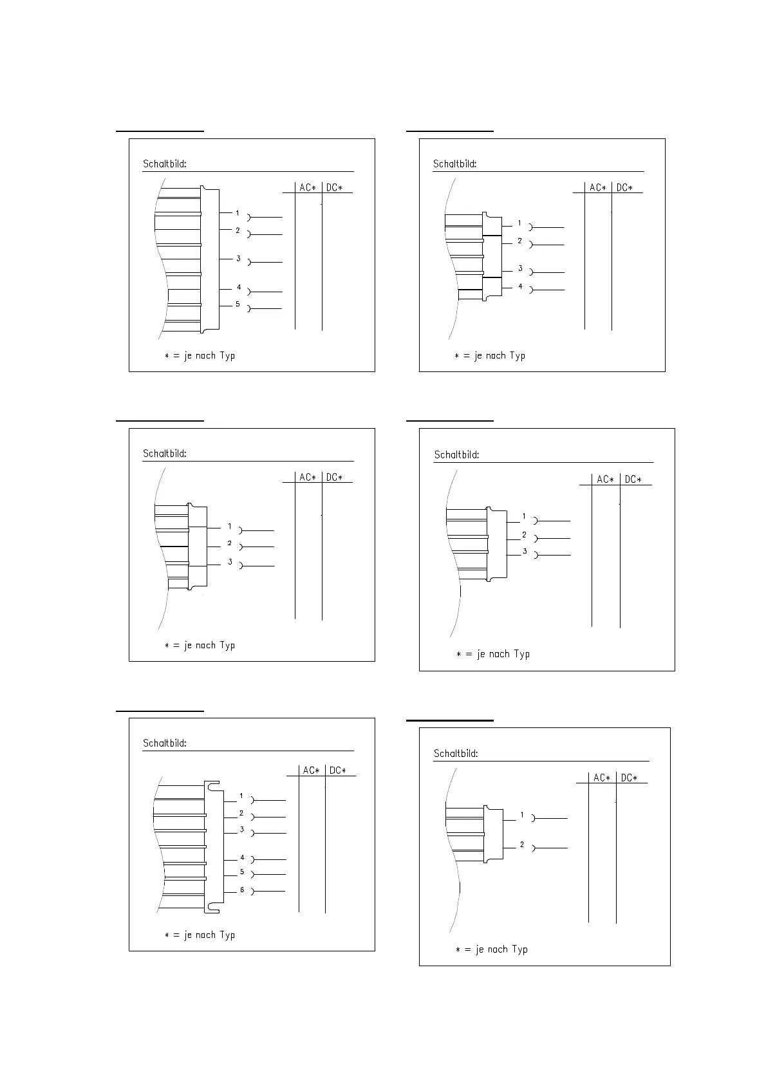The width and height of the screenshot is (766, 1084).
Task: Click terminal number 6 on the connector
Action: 242,890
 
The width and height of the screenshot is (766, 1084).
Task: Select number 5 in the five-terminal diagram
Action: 238,304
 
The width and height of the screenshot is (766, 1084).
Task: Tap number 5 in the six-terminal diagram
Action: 242,872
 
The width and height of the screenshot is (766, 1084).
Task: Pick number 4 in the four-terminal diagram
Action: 520,286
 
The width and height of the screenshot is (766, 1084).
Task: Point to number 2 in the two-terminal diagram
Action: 522,845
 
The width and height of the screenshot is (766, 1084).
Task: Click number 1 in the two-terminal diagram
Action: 522,815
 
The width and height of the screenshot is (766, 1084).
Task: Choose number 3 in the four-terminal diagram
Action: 520,269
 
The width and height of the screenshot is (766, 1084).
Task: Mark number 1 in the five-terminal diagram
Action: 238,213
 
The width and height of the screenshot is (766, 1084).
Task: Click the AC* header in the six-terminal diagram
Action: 311,771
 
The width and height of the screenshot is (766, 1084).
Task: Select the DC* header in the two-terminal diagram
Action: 628,778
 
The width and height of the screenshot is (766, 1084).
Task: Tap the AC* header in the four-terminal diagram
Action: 598,188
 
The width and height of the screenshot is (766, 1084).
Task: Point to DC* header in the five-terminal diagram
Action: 334,188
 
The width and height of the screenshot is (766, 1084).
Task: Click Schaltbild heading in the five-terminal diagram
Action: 165,164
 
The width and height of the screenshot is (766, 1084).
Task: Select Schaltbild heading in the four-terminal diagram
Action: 455,164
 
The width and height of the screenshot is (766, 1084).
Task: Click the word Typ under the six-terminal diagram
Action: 227,935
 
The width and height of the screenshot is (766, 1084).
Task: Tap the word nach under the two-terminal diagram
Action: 497,949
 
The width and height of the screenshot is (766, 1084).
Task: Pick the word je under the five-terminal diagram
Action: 188,356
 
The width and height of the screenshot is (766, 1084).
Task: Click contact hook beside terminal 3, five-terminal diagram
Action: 250,263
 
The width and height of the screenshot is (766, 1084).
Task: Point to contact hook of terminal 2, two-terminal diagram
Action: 534,848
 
